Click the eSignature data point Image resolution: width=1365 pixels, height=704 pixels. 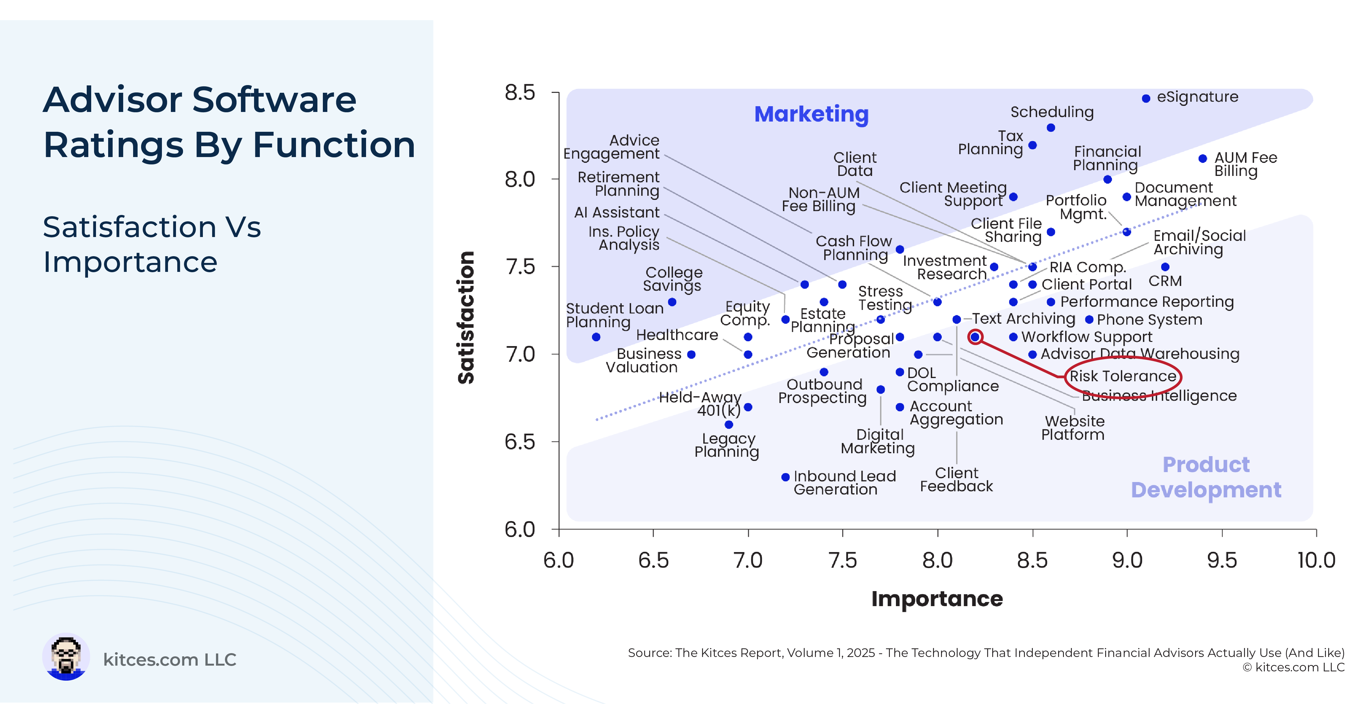pyautogui.click(x=1145, y=99)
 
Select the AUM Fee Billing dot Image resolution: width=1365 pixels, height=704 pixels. pyautogui.click(x=1202, y=158)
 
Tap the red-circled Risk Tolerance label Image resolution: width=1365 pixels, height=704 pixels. pyautogui.click(x=1123, y=376)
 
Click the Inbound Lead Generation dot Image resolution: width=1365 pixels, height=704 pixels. pyautogui.click(x=785, y=477)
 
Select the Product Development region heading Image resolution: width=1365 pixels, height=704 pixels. pyautogui.click(x=1206, y=477)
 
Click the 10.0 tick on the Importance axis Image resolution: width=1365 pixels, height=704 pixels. pyautogui.click(x=1316, y=533)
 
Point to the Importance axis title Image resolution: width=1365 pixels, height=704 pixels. pyautogui.click(x=937, y=598)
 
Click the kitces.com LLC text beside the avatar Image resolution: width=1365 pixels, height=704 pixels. pyautogui.click(x=170, y=660)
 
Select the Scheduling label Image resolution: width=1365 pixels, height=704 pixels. pyautogui.click(x=1052, y=112)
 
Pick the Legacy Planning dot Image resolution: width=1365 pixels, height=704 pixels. pyautogui.click(x=729, y=424)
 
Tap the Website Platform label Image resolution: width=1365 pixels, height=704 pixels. pyautogui.click(x=1073, y=427)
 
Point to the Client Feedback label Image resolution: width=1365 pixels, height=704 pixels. pyautogui.click(x=956, y=479)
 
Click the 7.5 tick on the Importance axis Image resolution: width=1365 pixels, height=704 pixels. pyautogui.click(x=842, y=533)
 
